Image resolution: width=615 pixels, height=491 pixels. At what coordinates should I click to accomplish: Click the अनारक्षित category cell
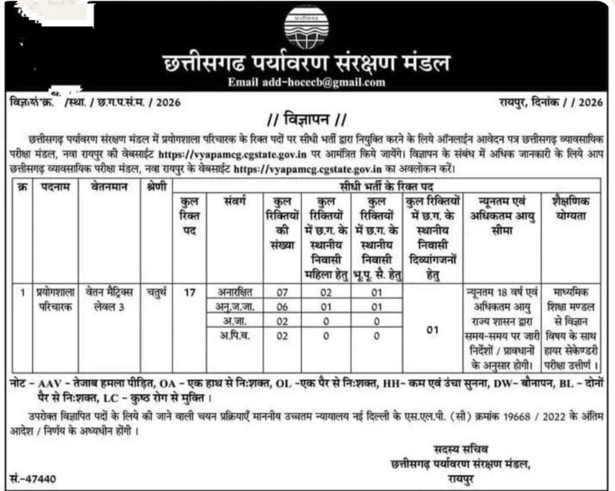(235, 292)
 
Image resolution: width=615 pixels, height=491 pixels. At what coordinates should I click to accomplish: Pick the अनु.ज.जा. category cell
(235, 306)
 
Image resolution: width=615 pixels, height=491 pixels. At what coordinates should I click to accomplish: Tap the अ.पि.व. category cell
(235, 335)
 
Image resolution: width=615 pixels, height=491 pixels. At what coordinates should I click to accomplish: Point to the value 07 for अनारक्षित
(282, 292)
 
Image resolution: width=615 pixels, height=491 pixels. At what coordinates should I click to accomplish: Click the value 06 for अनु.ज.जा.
(282, 306)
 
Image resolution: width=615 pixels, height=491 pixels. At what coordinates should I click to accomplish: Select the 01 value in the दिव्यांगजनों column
(433, 330)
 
